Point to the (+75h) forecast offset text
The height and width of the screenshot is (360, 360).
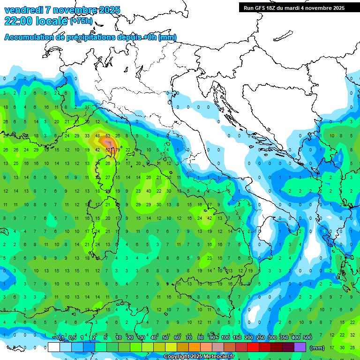click(x=81, y=21)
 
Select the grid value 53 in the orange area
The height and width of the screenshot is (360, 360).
click(x=108, y=136)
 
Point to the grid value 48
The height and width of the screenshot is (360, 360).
click(x=97, y=136)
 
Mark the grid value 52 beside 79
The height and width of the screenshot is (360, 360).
click(x=108, y=150)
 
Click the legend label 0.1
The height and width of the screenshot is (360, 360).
click(x=60, y=338)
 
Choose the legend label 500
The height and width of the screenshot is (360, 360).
click(x=307, y=338)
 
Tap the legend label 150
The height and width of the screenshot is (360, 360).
click(x=237, y=338)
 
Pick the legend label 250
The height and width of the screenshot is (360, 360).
click(x=261, y=338)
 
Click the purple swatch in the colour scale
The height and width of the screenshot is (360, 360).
click(x=300, y=347)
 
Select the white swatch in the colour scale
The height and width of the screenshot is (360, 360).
click(x=54, y=347)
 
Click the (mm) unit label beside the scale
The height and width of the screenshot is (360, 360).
click(x=317, y=348)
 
